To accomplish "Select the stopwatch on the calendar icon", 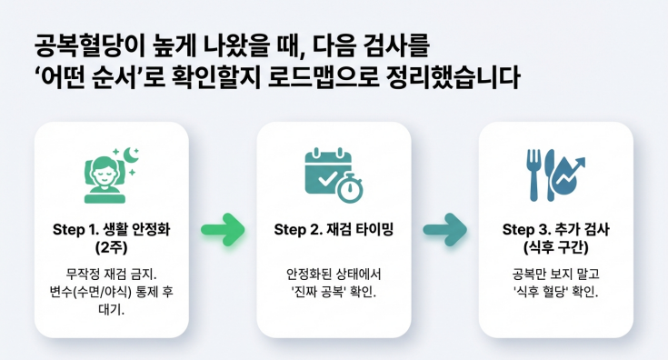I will pos(350,188).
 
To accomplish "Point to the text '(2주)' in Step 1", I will pos(111,246).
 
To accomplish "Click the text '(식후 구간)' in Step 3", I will pos(556,246).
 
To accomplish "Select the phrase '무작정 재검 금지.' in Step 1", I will pos(111,274).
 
